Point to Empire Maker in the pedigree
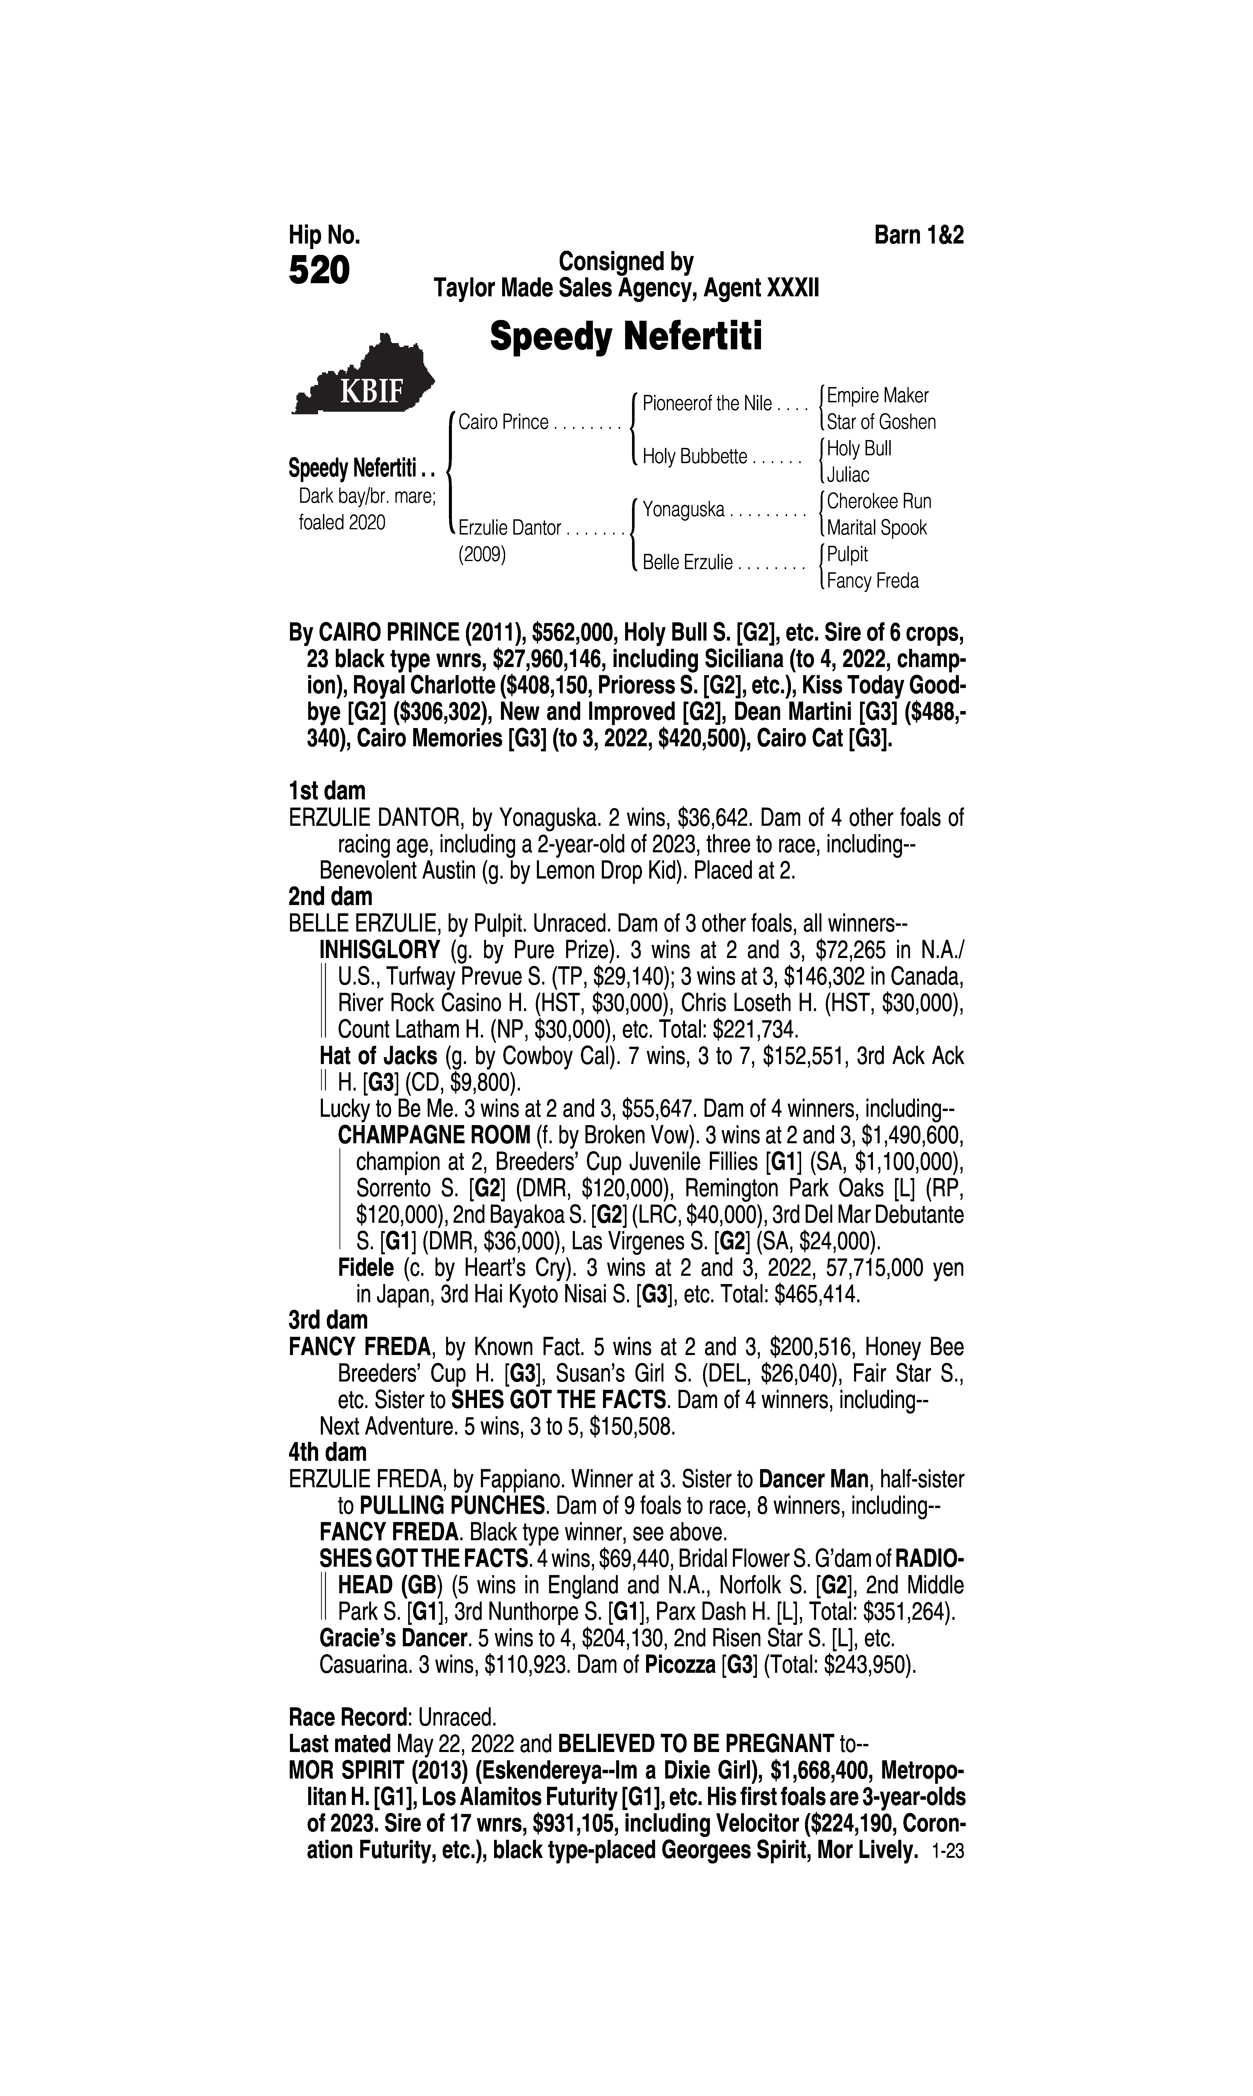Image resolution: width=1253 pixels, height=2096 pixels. click(877, 395)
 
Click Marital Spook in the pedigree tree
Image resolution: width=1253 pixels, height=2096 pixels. click(876, 528)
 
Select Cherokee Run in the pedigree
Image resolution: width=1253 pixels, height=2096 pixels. click(879, 501)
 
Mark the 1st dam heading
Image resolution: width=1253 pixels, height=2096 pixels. click(328, 791)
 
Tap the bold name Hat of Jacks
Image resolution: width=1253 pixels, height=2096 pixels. click(378, 1055)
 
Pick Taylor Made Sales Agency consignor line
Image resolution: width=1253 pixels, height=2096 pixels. click(626, 289)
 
